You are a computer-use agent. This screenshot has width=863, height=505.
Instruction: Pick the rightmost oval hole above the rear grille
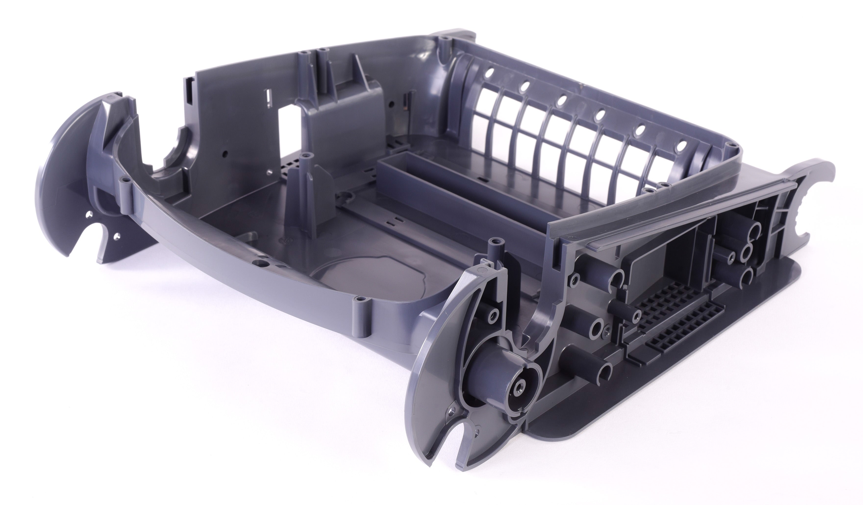pos(682,155)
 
